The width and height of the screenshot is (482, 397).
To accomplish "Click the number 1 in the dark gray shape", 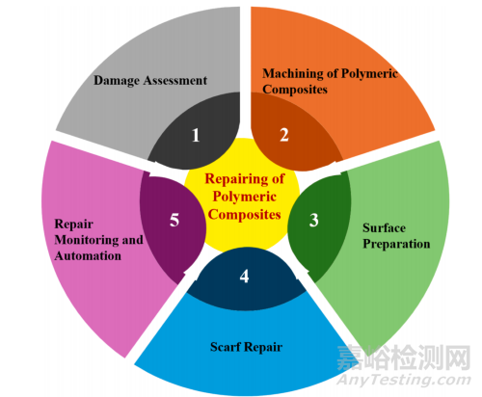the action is (196, 135).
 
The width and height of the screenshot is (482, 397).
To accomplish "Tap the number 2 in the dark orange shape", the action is (284, 135).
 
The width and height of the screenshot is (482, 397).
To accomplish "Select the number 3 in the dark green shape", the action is (314, 220).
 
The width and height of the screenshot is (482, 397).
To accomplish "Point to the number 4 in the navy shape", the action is (244, 276).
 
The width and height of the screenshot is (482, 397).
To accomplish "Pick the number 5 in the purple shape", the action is (174, 220).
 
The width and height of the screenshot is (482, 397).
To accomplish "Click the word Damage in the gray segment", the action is (117, 81).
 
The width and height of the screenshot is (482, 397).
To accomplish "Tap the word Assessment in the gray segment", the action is (175, 80).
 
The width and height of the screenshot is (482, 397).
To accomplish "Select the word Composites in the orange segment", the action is (295, 90).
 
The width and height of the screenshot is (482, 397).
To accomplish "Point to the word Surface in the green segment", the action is (384, 227).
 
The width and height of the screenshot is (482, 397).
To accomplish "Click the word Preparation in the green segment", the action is (396, 244).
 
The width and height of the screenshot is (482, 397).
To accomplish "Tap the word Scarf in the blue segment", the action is (226, 347).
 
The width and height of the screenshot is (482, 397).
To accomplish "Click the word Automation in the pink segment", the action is (88, 256).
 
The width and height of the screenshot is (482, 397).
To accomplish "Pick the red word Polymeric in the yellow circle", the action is (245, 197).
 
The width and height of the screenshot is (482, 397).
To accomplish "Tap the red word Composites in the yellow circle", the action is (245, 215).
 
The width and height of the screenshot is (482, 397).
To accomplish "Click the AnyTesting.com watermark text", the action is (404, 380).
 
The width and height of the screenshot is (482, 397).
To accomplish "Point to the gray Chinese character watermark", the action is (404, 357).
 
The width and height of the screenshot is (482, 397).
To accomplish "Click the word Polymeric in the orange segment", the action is (369, 73).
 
